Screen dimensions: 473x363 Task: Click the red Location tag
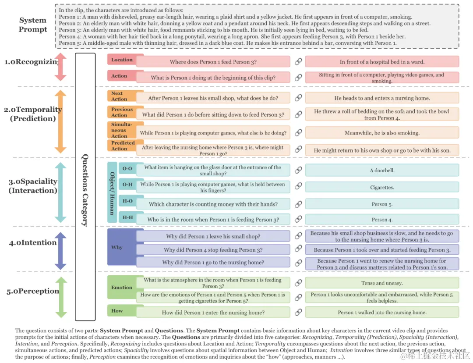(122, 60)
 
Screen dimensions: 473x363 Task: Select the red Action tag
(120, 76)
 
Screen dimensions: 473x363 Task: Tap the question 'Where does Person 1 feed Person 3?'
(213, 62)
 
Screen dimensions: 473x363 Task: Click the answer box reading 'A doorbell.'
(382, 171)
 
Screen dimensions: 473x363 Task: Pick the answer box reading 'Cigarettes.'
(382, 187)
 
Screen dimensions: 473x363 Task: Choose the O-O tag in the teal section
(127, 168)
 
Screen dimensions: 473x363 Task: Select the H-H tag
(127, 217)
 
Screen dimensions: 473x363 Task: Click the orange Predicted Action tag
(123, 146)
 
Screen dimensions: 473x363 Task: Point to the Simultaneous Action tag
(122, 130)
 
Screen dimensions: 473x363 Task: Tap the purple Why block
(121, 247)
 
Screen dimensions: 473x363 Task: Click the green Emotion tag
(122, 287)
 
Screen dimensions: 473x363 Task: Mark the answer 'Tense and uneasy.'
(382, 283)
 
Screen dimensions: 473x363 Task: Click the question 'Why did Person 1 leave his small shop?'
(213, 236)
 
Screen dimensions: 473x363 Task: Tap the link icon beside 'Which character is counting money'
(298, 204)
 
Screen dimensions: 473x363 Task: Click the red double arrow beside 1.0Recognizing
(60, 67)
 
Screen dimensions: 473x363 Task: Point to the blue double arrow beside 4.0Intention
(60, 251)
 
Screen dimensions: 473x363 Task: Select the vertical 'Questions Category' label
(85, 190)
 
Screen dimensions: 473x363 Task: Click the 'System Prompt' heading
(33, 25)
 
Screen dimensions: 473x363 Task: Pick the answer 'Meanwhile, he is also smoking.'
(382, 133)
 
